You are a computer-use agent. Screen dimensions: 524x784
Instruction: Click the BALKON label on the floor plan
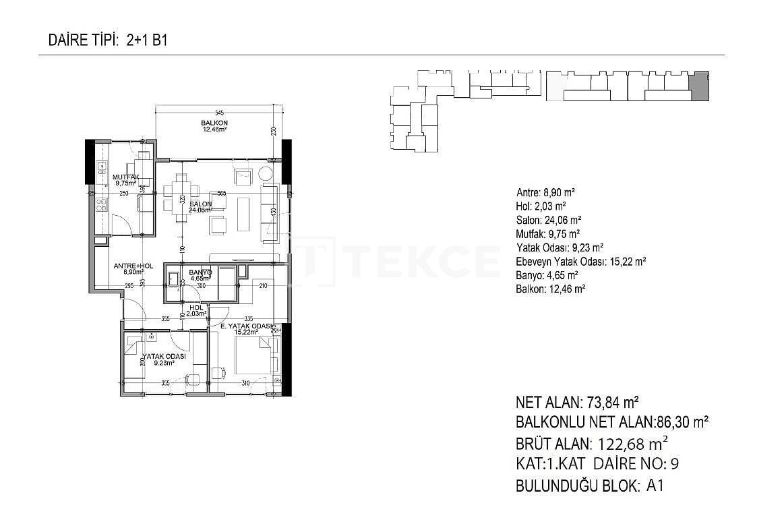[214, 123]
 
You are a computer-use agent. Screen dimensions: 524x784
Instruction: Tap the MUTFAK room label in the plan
[125, 177]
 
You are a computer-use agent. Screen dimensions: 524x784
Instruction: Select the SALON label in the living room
[201, 204]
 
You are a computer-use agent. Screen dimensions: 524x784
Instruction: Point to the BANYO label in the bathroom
[201, 272]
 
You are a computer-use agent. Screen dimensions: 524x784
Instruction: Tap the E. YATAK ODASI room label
[247, 327]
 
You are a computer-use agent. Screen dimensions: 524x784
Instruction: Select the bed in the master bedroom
[255, 354]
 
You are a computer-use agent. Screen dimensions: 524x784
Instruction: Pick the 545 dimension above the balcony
[219, 112]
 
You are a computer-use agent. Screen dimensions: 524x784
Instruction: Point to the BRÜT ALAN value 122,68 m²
[630, 444]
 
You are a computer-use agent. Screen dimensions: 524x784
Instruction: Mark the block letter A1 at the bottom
[655, 485]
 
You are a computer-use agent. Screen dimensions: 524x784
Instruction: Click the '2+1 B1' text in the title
[146, 40]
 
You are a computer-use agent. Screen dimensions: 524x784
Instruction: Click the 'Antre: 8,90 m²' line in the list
[545, 192]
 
